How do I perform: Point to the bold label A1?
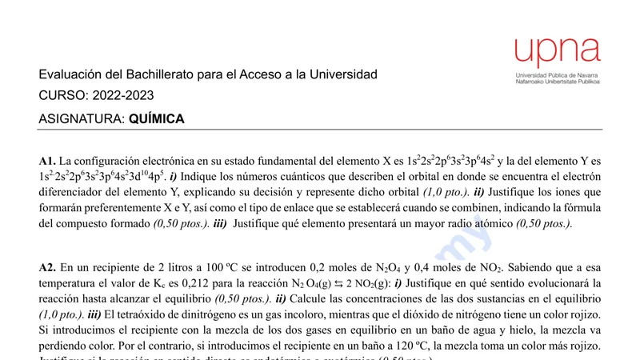[x=47, y=161]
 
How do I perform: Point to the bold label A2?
[x=47, y=268]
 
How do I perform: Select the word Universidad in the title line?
[x=342, y=74]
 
